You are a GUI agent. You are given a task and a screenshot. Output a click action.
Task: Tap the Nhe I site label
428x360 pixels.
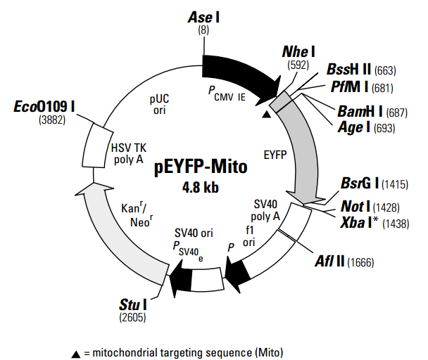(x=298, y=52)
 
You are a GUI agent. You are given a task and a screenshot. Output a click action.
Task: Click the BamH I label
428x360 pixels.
(x=360, y=111)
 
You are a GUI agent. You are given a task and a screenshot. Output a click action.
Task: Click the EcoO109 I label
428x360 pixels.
(x=44, y=106)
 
